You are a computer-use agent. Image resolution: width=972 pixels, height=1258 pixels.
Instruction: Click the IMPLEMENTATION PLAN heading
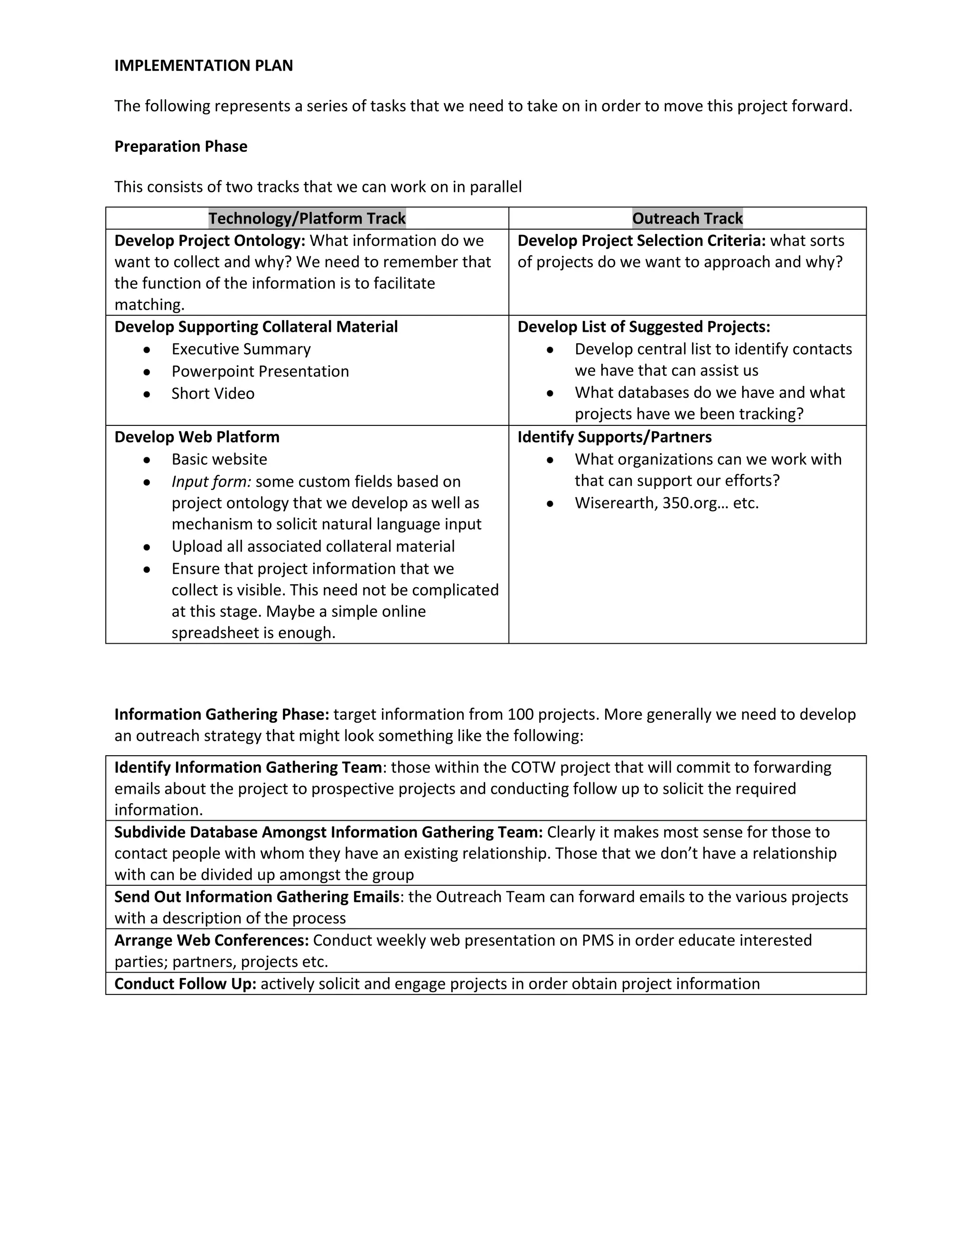point(203,66)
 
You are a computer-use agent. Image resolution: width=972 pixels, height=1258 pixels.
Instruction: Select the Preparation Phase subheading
point(181,146)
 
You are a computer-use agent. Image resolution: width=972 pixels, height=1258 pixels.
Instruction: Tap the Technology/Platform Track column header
point(307,218)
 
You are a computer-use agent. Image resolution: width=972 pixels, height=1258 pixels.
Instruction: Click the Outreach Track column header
point(688,218)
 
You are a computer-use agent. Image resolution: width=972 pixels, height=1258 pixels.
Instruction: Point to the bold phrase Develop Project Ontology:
point(210,241)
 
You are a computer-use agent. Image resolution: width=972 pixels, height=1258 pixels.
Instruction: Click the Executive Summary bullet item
point(241,349)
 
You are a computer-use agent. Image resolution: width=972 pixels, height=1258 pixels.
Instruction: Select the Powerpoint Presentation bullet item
point(260,372)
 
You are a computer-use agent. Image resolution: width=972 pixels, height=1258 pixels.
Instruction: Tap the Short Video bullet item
point(213,394)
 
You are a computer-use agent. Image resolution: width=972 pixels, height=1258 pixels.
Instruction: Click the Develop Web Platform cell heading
point(197,437)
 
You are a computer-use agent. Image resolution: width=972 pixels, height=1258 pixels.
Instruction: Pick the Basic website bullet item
point(219,459)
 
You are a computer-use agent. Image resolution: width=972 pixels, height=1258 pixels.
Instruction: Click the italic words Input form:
point(211,481)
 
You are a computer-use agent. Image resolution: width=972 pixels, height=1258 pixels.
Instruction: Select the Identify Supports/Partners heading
point(615,437)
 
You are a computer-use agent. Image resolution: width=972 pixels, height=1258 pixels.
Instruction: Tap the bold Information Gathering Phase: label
point(222,714)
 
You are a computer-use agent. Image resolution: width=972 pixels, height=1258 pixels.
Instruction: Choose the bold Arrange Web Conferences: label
point(211,940)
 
